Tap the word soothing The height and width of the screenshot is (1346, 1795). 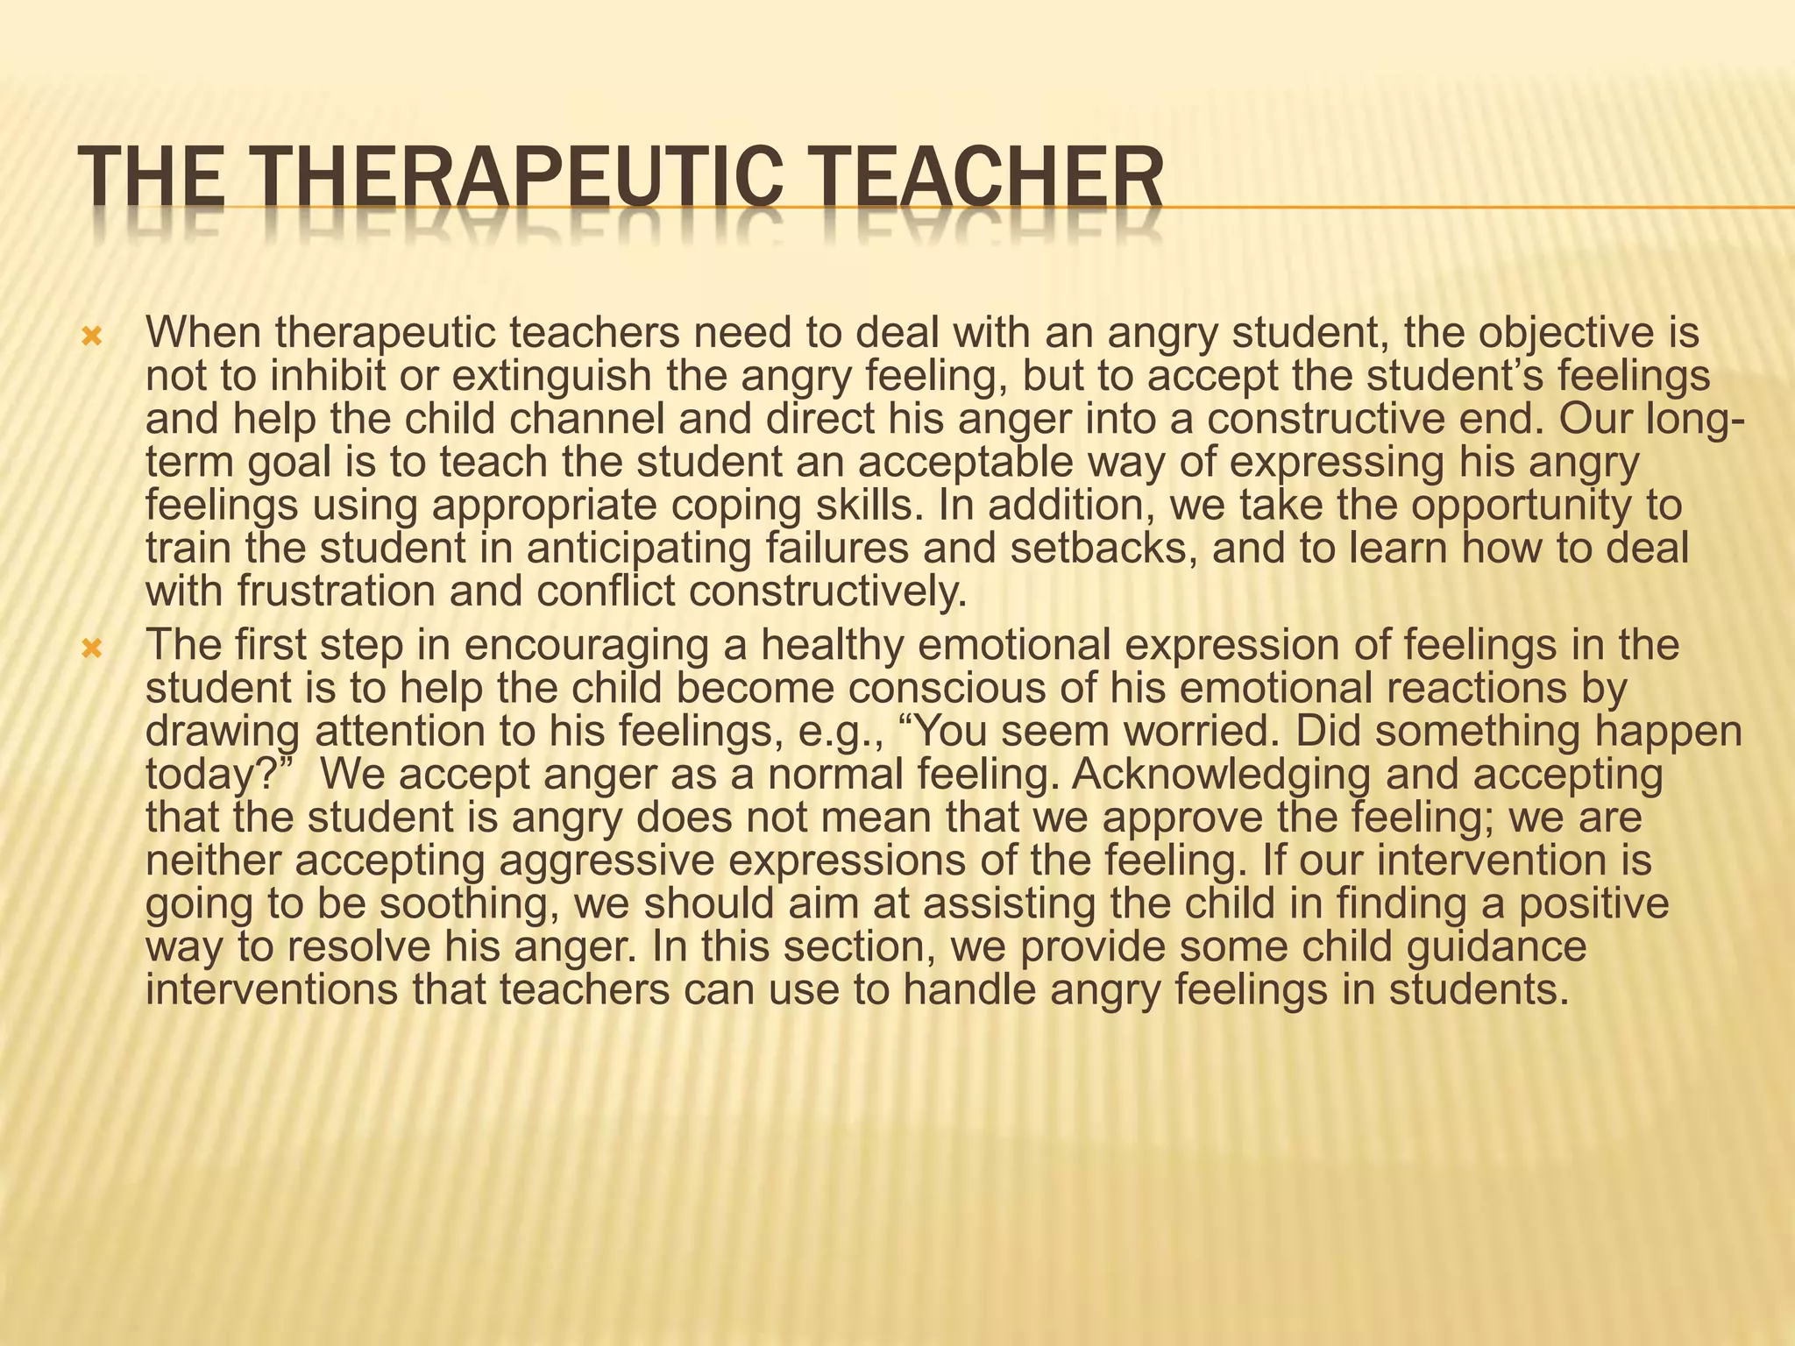pyautogui.click(x=469, y=903)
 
